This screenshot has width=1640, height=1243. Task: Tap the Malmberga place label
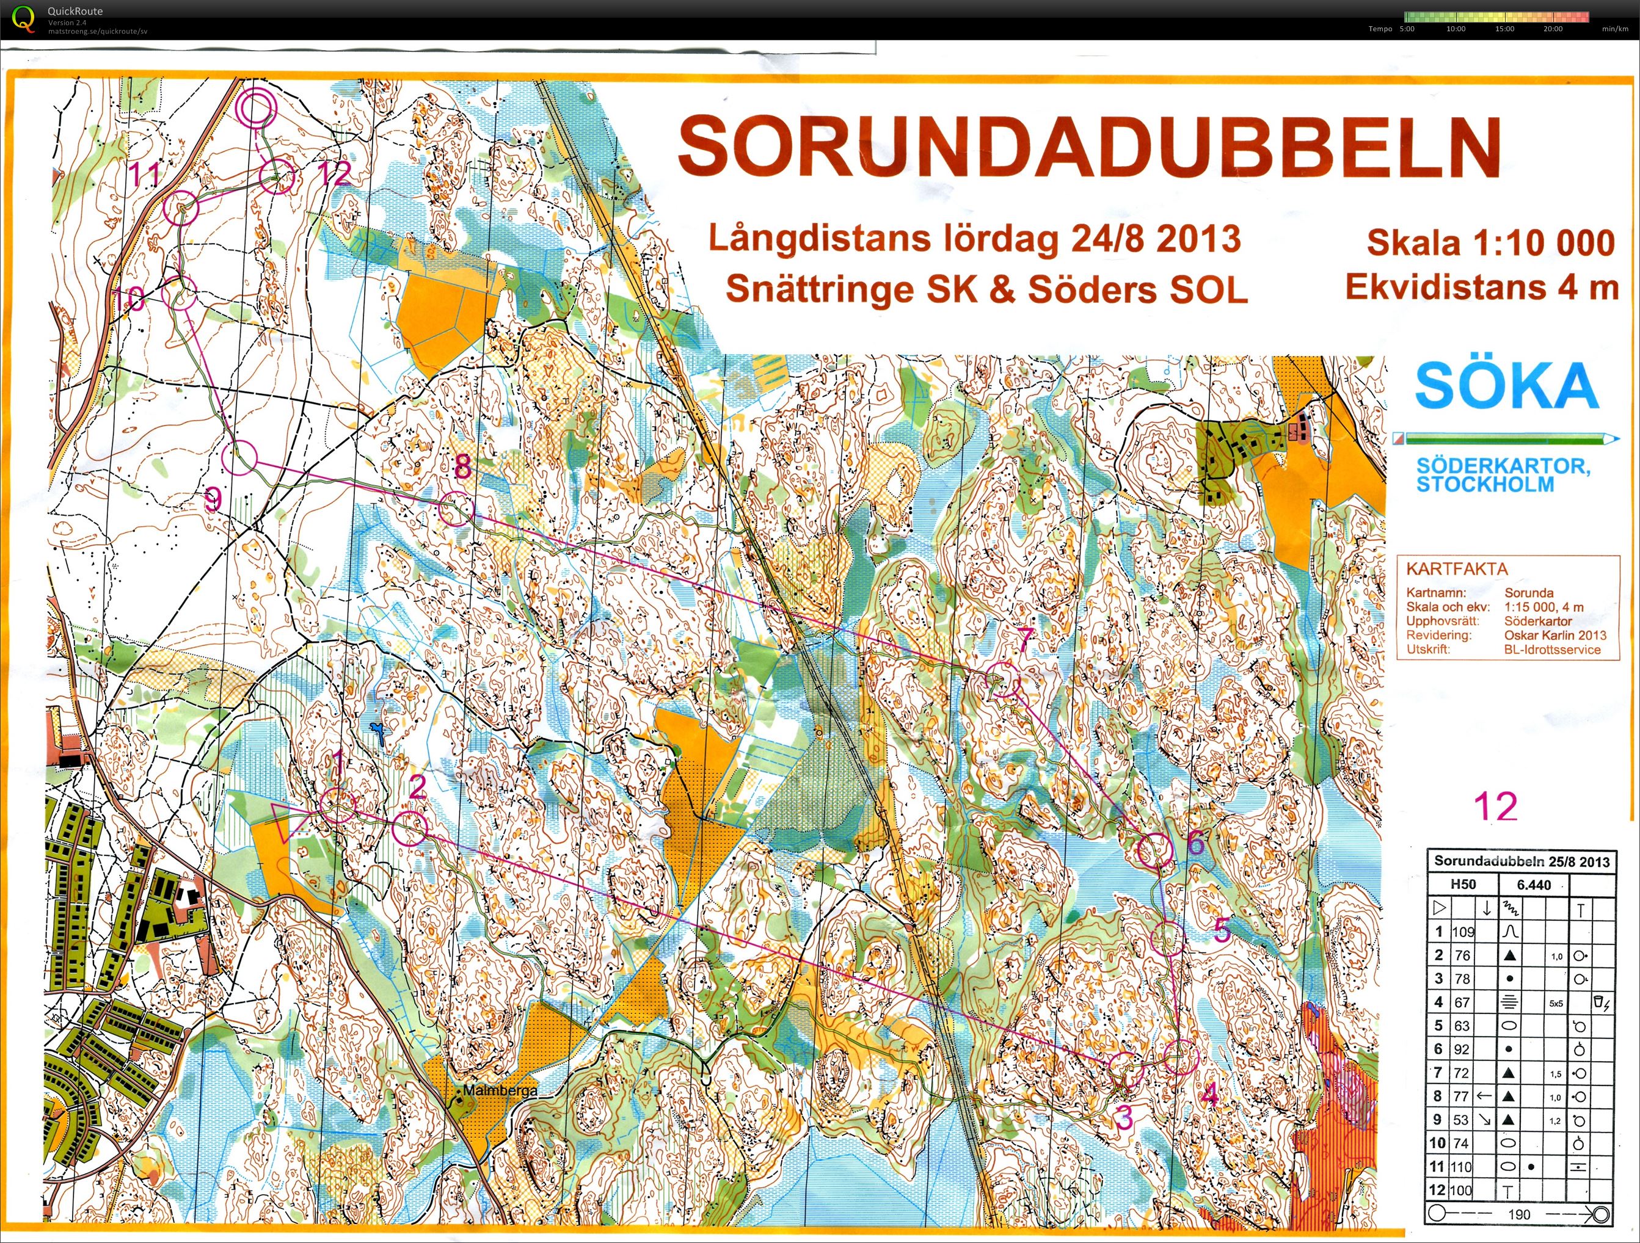[x=500, y=1091]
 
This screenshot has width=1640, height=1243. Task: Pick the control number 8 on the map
[x=462, y=467]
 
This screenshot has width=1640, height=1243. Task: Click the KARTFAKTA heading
[x=1456, y=569]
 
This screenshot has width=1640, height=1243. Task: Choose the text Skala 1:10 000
[x=1491, y=243]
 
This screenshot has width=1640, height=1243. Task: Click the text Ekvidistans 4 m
[x=1481, y=288]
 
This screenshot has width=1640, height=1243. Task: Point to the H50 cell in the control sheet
[x=1463, y=884]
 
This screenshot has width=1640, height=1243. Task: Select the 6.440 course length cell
[x=1533, y=884]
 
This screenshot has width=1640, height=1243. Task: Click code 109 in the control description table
[x=1463, y=932]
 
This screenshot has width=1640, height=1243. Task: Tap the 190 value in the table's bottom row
[x=1518, y=1214]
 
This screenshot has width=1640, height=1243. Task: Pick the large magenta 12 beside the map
[x=1495, y=807]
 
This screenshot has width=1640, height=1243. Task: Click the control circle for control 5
[x=1168, y=938]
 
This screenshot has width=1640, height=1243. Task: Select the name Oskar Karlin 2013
[x=1554, y=635]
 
